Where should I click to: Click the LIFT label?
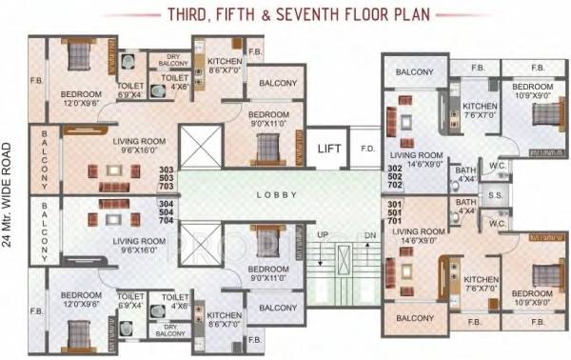(x=329, y=149)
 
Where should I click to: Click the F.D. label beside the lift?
(x=366, y=149)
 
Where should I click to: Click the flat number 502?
(x=393, y=177)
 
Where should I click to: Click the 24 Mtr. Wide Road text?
(x=10, y=194)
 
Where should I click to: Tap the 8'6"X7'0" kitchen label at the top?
(x=225, y=70)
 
